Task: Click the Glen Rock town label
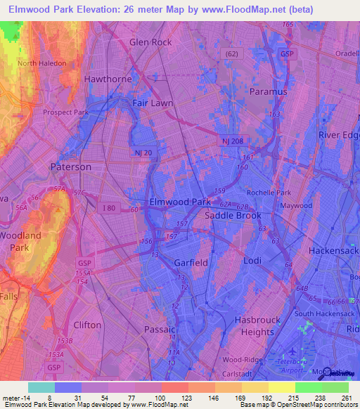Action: coord(150,42)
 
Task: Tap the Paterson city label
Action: coord(70,167)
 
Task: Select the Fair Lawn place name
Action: coord(153,103)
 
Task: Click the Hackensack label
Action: coord(335,250)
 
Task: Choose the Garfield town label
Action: coord(190,262)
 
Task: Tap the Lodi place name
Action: coord(251,260)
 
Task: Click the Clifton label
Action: coord(87,325)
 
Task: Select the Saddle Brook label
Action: coord(233,216)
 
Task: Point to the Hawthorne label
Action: coord(108,79)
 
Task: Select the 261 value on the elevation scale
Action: coord(345,397)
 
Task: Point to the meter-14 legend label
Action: coord(15,397)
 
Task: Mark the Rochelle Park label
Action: coord(268,193)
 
